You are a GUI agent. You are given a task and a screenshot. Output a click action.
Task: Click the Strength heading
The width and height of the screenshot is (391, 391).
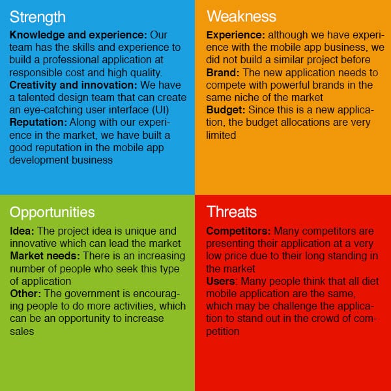[x=37, y=18]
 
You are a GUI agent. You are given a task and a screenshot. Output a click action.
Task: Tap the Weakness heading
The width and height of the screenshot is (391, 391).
[x=241, y=16]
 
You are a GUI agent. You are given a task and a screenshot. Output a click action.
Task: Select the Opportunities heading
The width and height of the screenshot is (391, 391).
[x=52, y=212]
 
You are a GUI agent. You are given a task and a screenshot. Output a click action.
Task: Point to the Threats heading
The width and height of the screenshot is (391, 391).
[x=231, y=212]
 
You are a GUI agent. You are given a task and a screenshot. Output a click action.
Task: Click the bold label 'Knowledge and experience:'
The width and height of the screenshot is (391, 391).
[x=78, y=35]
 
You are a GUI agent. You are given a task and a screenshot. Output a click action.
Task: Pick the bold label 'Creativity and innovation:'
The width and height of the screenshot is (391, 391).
[x=73, y=85]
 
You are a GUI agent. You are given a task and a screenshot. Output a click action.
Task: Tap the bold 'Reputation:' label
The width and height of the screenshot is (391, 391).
[x=38, y=123]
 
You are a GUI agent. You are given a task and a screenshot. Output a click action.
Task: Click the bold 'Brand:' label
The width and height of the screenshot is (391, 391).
[x=223, y=72]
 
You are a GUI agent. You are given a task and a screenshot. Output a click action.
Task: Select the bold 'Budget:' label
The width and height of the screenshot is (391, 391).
[x=225, y=110]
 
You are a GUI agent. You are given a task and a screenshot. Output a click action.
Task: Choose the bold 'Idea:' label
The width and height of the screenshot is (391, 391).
[x=22, y=231]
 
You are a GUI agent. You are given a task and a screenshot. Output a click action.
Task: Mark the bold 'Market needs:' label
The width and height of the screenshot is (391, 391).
[x=45, y=256]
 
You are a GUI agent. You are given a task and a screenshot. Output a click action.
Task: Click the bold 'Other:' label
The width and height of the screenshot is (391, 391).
[x=25, y=293]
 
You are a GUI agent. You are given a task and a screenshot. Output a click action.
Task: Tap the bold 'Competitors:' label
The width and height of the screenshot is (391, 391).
[x=239, y=231]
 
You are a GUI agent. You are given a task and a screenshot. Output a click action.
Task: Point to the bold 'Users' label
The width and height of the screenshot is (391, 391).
[x=220, y=282]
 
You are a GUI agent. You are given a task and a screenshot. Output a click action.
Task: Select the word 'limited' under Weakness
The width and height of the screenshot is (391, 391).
[x=221, y=135]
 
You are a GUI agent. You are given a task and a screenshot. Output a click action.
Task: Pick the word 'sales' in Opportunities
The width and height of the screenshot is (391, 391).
[x=22, y=332]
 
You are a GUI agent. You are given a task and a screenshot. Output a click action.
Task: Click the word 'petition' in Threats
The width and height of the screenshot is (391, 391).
[x=223, y=332]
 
